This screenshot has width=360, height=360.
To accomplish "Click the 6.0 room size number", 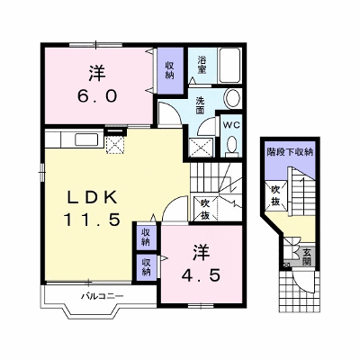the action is coord(97,96).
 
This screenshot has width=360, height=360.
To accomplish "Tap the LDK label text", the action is coord(92,198).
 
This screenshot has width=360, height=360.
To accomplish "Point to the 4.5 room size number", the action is coord(202,275).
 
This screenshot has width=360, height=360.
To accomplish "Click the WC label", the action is coord(232,125).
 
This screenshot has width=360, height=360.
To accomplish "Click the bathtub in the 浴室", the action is coord(229,65).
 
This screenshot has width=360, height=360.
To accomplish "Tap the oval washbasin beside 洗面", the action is coord(233,98).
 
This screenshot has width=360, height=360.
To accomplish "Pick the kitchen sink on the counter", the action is coord(86,139).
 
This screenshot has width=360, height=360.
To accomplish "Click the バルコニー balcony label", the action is coord(102,297).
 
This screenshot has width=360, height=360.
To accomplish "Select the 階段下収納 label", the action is coord(290,152).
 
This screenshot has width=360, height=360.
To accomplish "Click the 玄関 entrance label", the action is coord(306,257).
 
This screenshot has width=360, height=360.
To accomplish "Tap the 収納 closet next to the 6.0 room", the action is coord(170,70).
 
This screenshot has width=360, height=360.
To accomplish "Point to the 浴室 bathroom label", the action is coord(202,66).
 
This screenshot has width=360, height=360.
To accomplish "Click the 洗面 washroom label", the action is coord(200,105).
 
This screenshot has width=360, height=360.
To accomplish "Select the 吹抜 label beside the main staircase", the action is coord(205,210).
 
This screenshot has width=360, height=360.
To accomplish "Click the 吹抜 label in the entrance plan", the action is coord(275,195).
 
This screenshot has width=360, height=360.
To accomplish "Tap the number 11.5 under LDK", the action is coord(92,220).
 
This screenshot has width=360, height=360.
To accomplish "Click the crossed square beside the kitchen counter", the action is coord(115,145).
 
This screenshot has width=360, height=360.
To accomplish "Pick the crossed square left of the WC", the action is coord(202,148).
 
